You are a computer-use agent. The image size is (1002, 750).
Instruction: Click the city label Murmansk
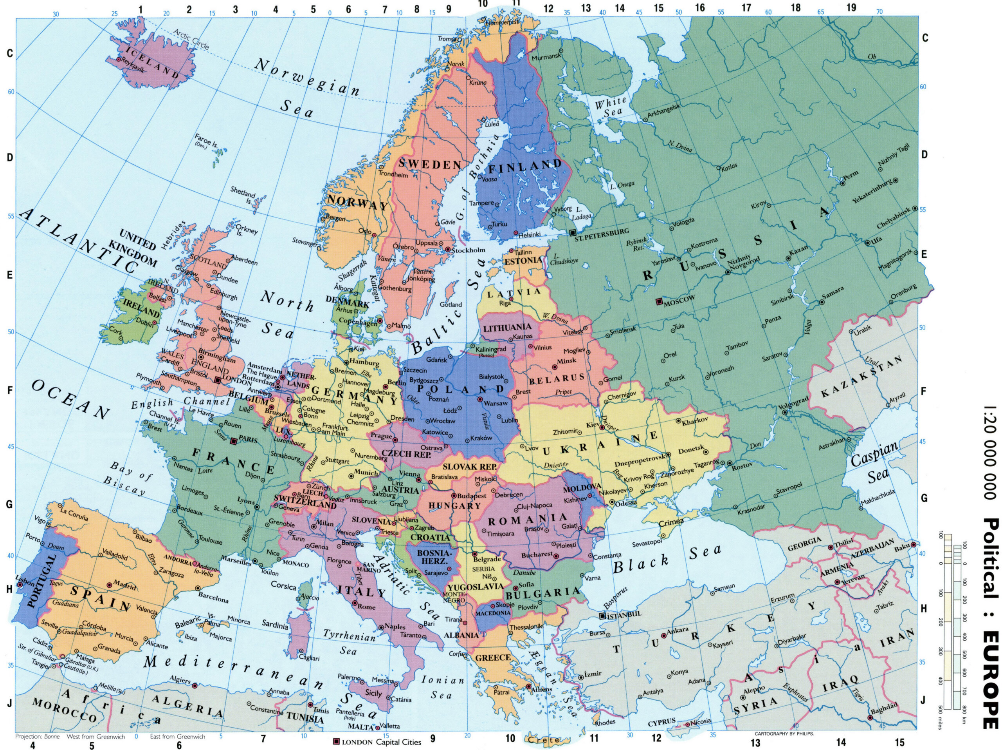pyautogui.click(x=546, y=58)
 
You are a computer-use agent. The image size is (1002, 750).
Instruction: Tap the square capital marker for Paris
pyautogui.click(x=234, y=441)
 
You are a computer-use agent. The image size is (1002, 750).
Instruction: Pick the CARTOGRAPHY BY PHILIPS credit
pyautogui.click(x=784, y=733)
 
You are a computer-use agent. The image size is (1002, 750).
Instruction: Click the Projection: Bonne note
pyautogui.click(x=37, y=736)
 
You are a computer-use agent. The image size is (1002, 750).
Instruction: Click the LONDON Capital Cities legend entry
pyautogui.click(x=377, y=742)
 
